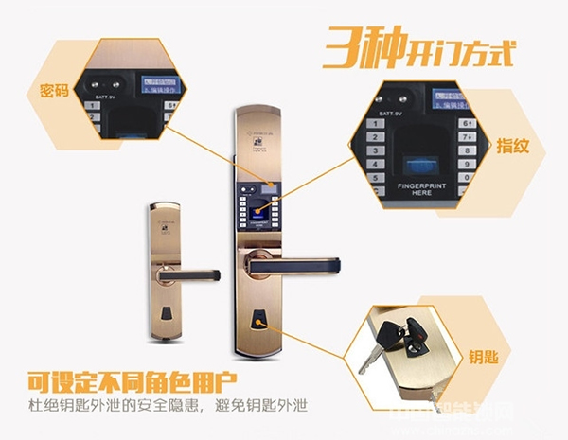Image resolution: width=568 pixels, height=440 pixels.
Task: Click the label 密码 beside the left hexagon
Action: coord(53,91)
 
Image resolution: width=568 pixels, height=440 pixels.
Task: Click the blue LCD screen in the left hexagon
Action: coord(159,84)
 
